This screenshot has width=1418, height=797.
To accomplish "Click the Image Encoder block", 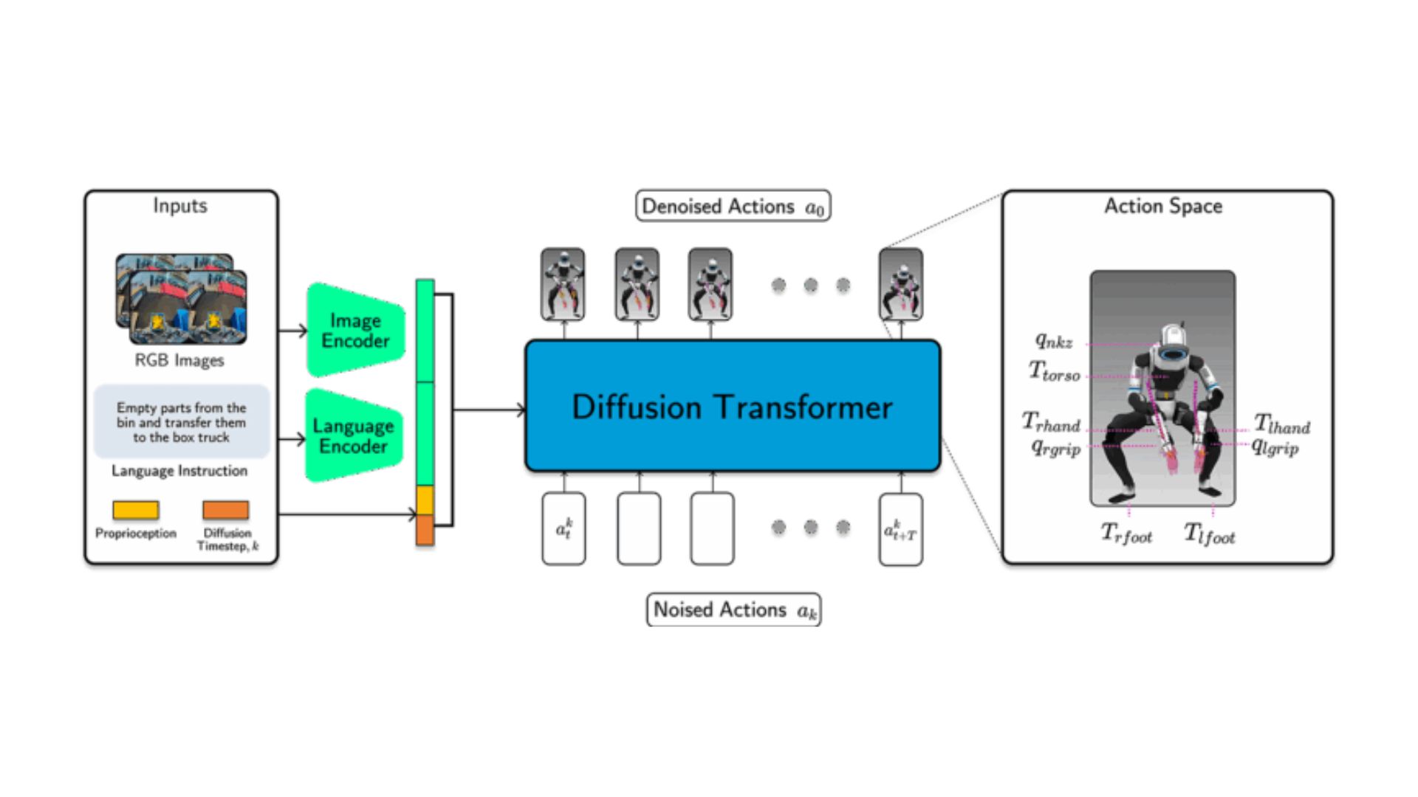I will tap(355, 330).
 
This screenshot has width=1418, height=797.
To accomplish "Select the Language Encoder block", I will tap(354, 435).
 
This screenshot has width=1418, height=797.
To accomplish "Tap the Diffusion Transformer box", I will tap(732, 406).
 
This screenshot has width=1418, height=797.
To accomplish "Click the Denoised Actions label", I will tap(733, 206).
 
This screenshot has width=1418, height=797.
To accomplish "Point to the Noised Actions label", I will tap(733, 610).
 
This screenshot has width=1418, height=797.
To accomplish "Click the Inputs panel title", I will tap(180, 206).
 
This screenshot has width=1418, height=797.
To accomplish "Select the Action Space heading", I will tap(1163, 206).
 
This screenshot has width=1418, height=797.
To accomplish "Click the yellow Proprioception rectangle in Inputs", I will tap(135, 510).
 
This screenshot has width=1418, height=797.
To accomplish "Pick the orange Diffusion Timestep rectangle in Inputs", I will tap(226, 510).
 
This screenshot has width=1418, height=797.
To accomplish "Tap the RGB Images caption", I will tap(179, 360).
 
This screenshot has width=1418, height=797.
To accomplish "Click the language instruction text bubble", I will tap(182, 422).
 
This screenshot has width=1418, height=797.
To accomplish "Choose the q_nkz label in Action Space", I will tap(1054, 341).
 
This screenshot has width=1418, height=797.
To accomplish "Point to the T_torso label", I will tap(1055, 371).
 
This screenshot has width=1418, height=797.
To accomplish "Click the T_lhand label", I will tap(1282, 424).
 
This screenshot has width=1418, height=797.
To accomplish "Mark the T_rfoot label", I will tap(1126, 533).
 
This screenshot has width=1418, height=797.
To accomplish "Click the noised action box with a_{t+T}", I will tap(900, 529).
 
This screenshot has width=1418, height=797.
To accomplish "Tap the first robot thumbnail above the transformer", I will tap(563, 284).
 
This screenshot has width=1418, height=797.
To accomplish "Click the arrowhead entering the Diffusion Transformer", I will tap(521, 410).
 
